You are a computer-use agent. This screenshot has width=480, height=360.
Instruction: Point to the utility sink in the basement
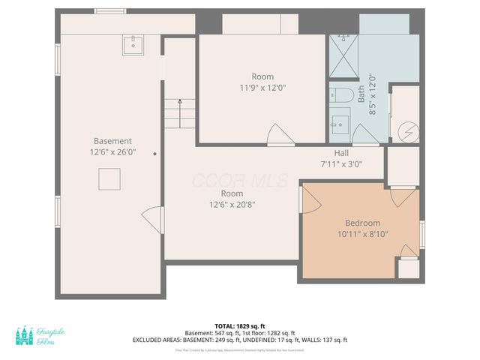pyautogui.click(x=134, y=44)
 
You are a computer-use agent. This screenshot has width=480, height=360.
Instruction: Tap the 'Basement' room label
pyautogui.click(x=112, y=141)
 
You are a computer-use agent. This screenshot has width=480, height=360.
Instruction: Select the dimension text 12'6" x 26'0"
pyautogui.click(x=112, y=152)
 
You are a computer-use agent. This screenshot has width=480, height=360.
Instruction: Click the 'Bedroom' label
pyautogui.click(x=362, y=223)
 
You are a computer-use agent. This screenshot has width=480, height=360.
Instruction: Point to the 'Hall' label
pyautogui.click(x=341, y=153)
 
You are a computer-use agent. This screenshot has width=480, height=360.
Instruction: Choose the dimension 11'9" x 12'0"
pyautogui.click(x=262, y=88)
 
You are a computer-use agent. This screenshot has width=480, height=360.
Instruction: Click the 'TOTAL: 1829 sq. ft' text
pyautogui.click(x=240, y=325)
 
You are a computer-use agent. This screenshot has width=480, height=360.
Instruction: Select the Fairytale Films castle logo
pyautogui.click(x=25, y=335)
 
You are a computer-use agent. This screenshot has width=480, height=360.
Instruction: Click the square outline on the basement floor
pyautogui.click(x=109, y=180)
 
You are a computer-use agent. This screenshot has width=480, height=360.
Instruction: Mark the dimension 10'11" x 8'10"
pyautogui.click(x=362, y=234)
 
